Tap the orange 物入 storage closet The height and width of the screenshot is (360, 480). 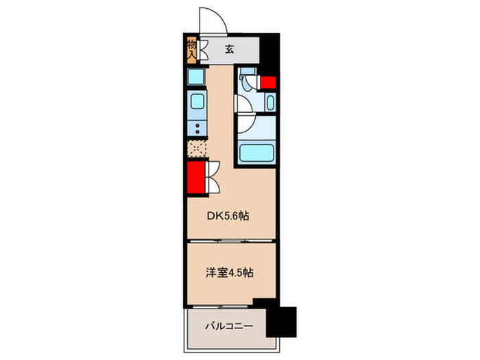192,49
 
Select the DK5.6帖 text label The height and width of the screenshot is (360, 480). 228,215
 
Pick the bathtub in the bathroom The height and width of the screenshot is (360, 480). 255,152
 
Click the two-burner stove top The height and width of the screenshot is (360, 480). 196,128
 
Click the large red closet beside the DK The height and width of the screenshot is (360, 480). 196,177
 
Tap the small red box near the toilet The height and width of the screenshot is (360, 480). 267,83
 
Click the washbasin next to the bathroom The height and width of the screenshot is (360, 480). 269,104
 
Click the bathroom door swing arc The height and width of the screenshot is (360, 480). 245,124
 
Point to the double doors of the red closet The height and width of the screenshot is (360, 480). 213,176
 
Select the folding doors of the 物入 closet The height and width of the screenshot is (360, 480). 204,50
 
